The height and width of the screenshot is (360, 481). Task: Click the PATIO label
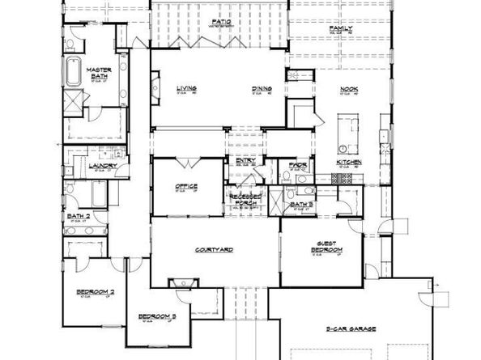[x=218, y=21]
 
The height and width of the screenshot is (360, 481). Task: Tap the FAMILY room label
[x=341, y=28]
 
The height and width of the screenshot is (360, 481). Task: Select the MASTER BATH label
[x=100, y=73]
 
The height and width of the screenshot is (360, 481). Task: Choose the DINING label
[x=261, y=88]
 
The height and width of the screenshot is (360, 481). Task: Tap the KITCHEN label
[x=350, y=163]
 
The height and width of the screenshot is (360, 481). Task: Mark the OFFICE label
[x=187, y=187]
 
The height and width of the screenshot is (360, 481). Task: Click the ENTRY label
[x=246, y=160]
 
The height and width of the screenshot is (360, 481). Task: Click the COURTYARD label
[x=215, y=250]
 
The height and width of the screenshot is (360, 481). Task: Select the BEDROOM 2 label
[x=96, y=290]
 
